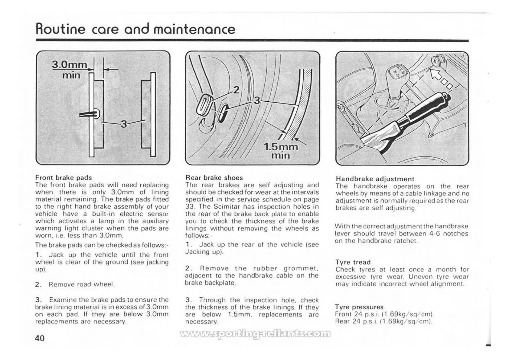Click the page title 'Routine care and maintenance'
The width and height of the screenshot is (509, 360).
click(x=135, y=29)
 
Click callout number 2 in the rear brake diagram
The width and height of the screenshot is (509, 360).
click(x=236, y=90)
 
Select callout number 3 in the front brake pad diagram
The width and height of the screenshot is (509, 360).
click(x=124, y=124)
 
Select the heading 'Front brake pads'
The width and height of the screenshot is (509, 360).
click(x=64, y=178)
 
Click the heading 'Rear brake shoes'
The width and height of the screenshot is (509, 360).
click(x=214, y=178)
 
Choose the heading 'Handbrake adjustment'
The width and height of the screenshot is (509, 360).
click(x=375, y=179)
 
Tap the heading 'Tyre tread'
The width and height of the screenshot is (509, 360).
click(x=353, y=262)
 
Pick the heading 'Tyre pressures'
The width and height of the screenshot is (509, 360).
click(x=359, y=307)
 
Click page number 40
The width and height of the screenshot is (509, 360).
click(x=40, y=338)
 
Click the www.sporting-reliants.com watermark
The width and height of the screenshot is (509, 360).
click(x=255, y=334)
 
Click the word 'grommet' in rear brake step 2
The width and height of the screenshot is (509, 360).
click(x=301, y=268)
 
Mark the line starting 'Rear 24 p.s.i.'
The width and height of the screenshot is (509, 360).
click(x=383, y=321)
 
